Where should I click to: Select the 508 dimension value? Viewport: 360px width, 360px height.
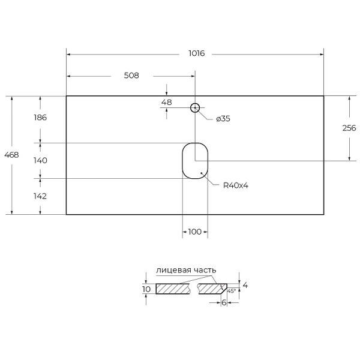tap(131, 76)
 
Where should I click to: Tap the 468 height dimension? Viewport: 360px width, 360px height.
tap(11, 155)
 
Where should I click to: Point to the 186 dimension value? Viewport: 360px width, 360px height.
tap(40, 118)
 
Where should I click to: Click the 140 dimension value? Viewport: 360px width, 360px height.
tap(40, 160)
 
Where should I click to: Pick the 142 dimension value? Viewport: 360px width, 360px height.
tap(40, 196)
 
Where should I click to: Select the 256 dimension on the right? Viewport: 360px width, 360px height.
tap(349, 128)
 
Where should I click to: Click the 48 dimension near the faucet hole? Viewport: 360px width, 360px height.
tap(166, 102)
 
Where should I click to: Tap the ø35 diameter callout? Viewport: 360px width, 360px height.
tap(223, 119)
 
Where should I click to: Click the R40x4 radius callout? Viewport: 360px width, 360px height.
tap(235, 185)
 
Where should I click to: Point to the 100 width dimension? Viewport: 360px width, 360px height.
tap(194, 232)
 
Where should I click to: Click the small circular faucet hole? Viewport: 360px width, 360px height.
tap(195, 108)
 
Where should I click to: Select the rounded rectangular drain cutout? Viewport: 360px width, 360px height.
tap(195, 160)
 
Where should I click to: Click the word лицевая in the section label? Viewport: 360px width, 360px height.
tap(173, 271)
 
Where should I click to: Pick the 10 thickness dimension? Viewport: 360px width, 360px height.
tap(146, 289)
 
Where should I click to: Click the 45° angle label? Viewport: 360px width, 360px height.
tap(232, 290)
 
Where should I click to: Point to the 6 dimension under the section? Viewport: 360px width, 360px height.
tap(224, 304)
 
